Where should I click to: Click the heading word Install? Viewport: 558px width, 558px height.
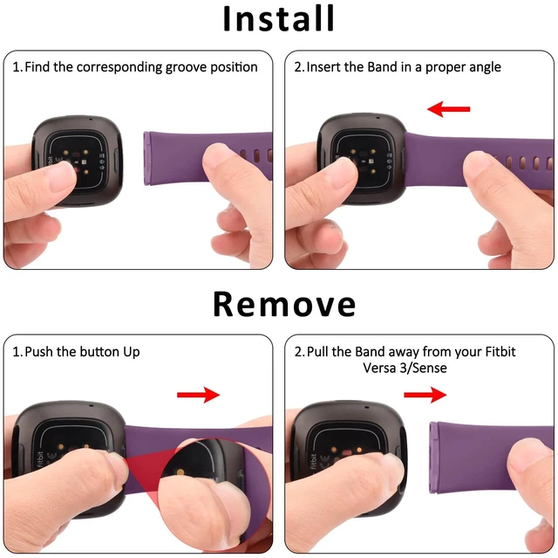pos(278,18)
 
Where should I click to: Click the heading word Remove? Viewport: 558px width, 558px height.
pos(284,304)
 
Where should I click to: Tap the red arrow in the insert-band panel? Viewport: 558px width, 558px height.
pos(448,108)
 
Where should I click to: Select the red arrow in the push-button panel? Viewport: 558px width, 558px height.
pos(198,395)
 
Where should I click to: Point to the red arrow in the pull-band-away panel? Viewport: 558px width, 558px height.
pos(425,395)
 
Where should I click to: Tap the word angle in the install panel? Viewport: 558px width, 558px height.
pos(485,67)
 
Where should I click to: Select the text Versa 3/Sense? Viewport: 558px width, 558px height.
pos(405,368)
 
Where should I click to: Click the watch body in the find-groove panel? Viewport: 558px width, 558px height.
pos(78,161)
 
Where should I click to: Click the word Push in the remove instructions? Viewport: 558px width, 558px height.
pos(39,352)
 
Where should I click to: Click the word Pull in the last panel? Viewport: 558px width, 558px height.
pos(317,352)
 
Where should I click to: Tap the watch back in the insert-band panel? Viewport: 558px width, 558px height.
pos(361,159)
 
